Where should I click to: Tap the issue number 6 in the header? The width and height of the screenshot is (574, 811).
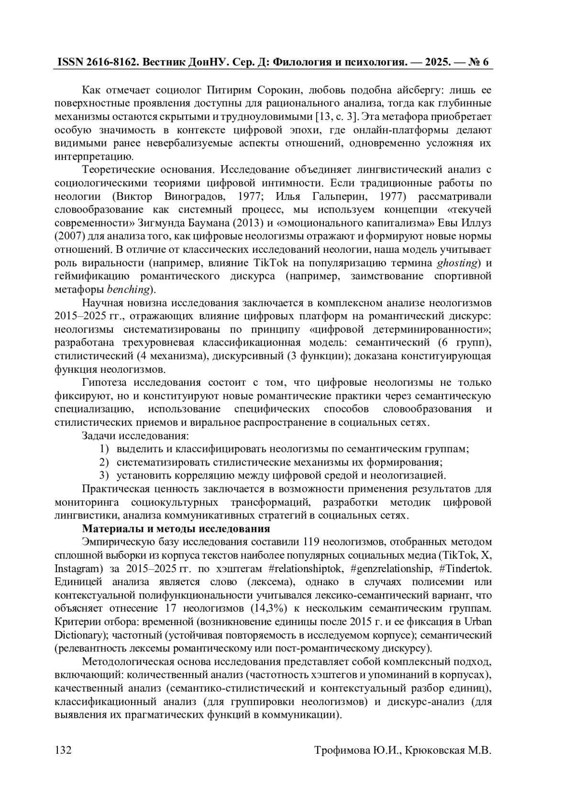point(485,63)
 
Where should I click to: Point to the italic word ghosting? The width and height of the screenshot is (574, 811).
point(458,263)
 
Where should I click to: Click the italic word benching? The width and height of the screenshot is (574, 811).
point(129,290)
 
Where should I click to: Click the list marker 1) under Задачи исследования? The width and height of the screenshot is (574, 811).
point(104,449)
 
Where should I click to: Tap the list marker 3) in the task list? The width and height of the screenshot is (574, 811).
point(104,476)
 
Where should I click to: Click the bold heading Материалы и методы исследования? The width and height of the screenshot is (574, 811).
point(176,529)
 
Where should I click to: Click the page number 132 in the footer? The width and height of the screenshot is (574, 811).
point(63,751)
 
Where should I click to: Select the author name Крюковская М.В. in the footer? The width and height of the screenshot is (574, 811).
point(448,751)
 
